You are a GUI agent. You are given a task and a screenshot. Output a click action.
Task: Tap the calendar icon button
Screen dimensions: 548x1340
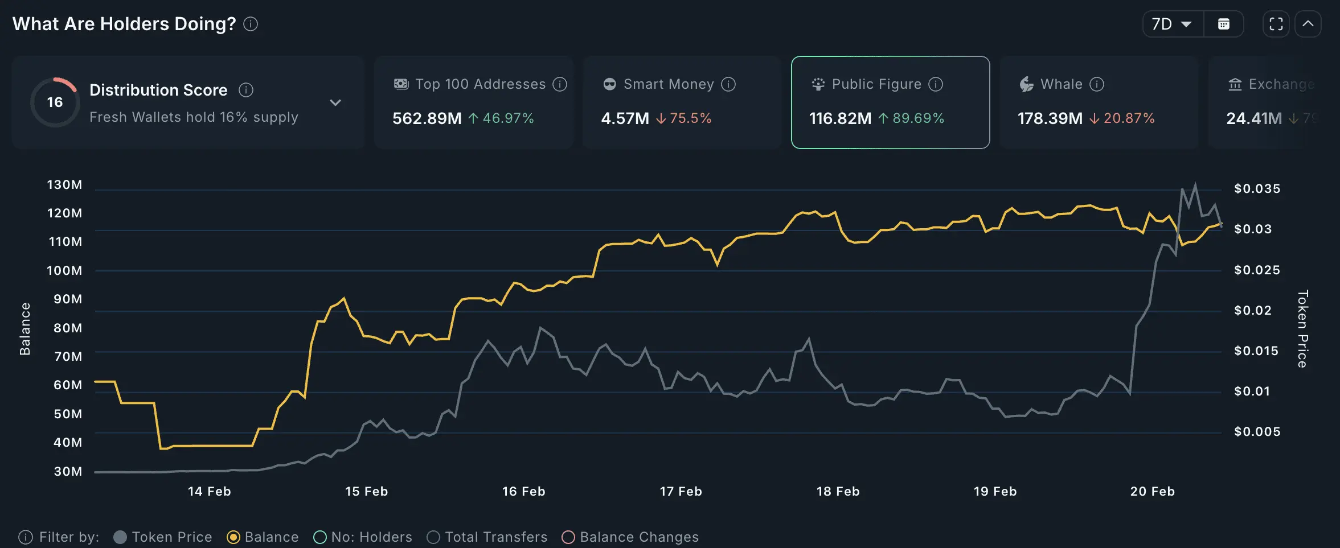pos(1223,24)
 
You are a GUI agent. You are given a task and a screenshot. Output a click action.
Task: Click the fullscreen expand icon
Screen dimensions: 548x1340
pos(1276,24)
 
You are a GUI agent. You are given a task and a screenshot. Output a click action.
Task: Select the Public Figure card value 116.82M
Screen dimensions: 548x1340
pos(840,118)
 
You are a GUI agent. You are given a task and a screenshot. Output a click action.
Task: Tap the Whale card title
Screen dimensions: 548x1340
pos(1061,84)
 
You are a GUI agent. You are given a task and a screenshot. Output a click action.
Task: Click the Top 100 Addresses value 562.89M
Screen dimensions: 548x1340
pos(427,118)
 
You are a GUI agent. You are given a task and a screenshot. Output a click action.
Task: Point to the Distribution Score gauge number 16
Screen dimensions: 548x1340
pos(55,102)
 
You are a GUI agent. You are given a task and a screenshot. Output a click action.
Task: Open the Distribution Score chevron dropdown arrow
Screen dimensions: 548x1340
pos(335,102)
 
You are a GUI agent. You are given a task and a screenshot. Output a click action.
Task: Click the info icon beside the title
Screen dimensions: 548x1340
pos(251,24)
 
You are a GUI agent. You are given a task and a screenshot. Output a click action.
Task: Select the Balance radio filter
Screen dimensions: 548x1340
pos(233,537)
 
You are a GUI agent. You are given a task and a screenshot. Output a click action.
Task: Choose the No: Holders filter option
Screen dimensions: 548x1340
pos(320,537)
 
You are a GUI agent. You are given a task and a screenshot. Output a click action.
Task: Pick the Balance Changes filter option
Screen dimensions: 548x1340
pos(568,537)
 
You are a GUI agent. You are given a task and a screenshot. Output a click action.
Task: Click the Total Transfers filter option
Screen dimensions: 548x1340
pos(433,537)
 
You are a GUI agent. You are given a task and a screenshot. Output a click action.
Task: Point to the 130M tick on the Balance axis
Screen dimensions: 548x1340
pos(64,185)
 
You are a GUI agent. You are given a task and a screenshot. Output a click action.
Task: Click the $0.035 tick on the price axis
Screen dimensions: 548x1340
pos(1257,189)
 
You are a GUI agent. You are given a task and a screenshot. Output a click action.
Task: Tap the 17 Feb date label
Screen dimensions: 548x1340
pos(681,492)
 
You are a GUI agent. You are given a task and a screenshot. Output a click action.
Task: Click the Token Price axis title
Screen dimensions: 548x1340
pos(1302,329)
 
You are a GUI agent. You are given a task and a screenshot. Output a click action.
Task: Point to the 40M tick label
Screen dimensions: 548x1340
pos(68,443)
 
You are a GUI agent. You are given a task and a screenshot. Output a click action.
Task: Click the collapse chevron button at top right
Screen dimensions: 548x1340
pos(1308,24)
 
